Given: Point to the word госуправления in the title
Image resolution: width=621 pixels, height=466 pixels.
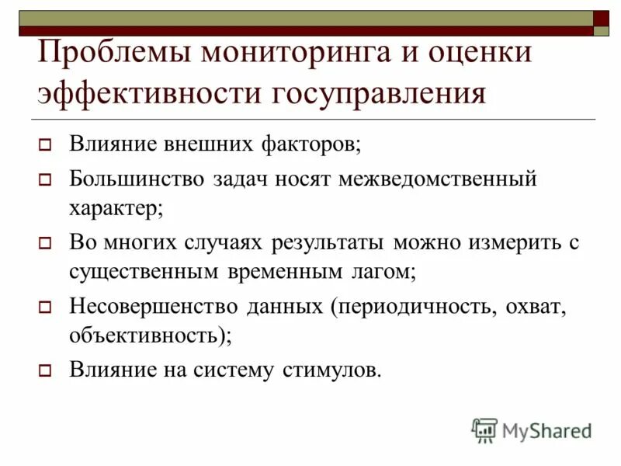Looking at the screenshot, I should [x=378, y=94].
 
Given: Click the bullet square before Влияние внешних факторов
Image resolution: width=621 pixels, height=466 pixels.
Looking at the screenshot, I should [x=45, y=144].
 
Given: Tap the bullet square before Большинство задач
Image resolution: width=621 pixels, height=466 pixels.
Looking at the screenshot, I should [x=45, y=180].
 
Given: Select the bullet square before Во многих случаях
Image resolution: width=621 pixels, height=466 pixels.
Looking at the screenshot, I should [x=45, y=243].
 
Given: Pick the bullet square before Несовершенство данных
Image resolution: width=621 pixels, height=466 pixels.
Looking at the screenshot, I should [x=45, y=307].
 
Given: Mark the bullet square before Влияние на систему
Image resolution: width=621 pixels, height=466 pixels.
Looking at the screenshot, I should [x=45, y=370].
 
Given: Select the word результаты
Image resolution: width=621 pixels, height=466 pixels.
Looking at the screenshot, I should [x=328, y=242].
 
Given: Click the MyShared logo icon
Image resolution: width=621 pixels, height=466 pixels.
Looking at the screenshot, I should [x=484, y=430].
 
